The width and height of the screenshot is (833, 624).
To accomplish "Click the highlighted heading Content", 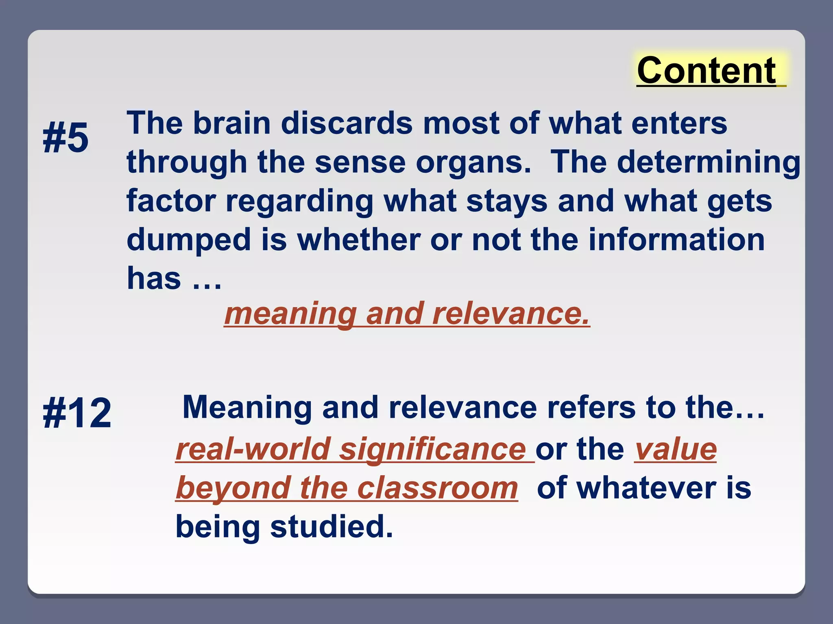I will pyautogui.click(x=707, y=71).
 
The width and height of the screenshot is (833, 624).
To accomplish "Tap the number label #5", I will pyautogui.click(x=65, y=139).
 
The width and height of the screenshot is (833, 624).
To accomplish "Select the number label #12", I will pyautogui.click(x=77, y=414).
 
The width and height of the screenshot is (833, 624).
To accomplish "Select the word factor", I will pyautogui.click(x=171, y=201).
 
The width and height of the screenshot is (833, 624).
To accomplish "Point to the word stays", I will pyautogui.click(x=507, y=201).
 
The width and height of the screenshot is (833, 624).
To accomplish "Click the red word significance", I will pyautogui.click(x=433, y=449).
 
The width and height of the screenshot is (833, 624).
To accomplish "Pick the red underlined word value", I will pyautogui.click(x=676, y=449).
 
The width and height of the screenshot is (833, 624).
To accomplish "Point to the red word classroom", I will pyautogui.click(x=437, y=488).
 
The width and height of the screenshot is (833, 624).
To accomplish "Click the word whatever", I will pyautogui.click(x=646, y=488).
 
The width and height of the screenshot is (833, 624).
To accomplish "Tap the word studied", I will pyautogui.click(x=331, y=526).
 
